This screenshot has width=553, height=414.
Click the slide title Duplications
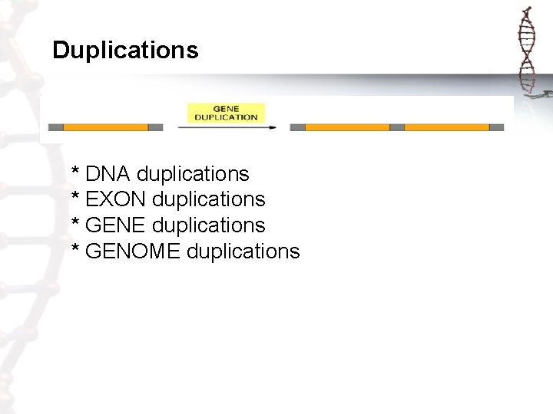click(125, 51)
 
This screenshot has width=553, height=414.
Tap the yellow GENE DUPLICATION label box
click(226, 113)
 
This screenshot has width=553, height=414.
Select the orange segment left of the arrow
click(105, 127)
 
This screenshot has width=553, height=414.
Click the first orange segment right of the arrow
click(347, 127)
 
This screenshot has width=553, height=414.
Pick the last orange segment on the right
click(447, 127)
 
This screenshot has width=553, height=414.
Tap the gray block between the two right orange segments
click(397, 127)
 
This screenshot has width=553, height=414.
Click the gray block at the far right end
click(497, 127)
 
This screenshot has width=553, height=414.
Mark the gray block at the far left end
click(55, 127)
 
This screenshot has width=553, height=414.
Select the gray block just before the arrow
click(155, 127)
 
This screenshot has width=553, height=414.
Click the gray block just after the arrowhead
click(297, 127)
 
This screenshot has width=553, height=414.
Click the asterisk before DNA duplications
click(75, 171)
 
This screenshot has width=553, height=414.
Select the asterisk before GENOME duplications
click(75, 248)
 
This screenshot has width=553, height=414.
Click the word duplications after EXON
click(209, 200)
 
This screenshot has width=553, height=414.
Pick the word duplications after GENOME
click(243, 251)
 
